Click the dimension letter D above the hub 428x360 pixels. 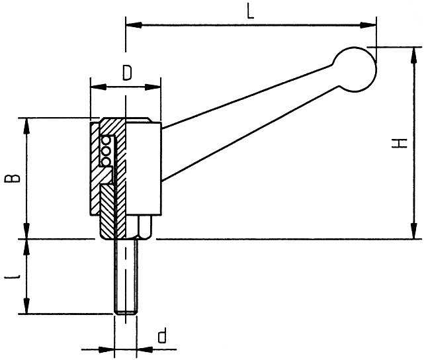[127, 73]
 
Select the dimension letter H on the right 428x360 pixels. [399, 143]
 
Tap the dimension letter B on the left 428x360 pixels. [12, 178]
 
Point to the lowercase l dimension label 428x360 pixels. [13, 277]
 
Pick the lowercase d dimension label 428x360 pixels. [162, 336]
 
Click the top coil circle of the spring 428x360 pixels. [105, 141]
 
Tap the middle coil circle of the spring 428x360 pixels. [105, 151]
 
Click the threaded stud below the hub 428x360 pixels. [126, 276]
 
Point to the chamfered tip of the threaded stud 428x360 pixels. [126, 312]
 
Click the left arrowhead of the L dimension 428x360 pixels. [134, 25]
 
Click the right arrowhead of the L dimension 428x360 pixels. [368, 25]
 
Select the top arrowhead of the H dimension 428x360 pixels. [414, 56]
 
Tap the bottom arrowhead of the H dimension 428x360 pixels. [414, 231]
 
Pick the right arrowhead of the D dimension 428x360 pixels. [153, 87]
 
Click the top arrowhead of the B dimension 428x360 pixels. [26, 126]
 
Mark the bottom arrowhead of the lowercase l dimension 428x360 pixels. [26, 306]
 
